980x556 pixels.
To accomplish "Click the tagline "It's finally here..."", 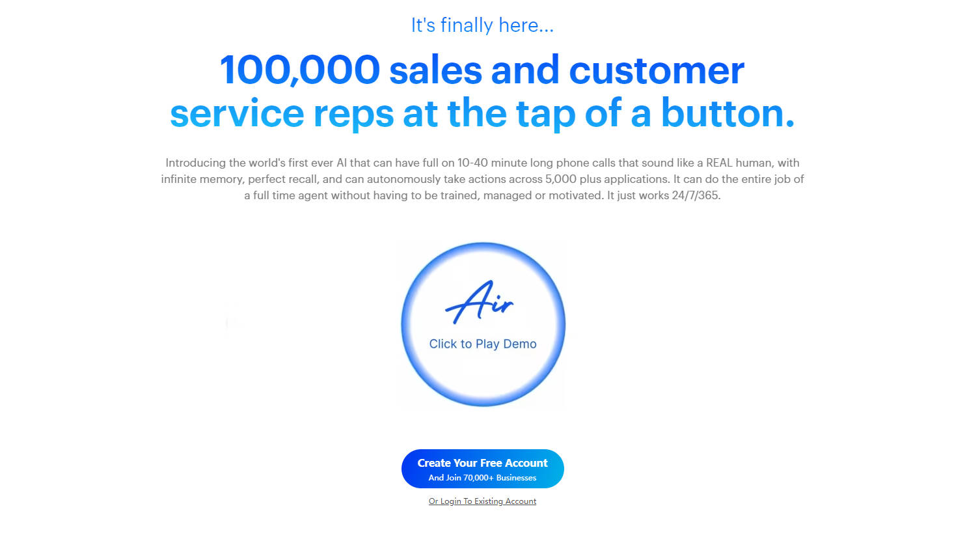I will click(x=482, y=25).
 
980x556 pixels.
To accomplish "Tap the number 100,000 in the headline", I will click(x=300, y=70).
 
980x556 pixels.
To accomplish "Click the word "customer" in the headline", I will click(x=657, y=70).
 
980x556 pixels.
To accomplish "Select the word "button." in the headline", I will click(x=728, y=113).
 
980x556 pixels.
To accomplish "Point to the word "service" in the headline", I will click(x=237, y=113).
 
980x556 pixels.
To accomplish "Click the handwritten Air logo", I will click(x=480, y=302).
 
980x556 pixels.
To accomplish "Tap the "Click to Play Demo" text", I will click(x=483, y=344).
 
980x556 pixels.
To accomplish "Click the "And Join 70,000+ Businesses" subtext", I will click(x=482, y=478).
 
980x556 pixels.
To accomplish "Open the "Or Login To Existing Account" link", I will click(x=482, y=501).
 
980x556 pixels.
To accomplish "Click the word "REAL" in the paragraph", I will click(x=720, y=163).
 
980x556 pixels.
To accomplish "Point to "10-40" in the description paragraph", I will click(x=472, y=163).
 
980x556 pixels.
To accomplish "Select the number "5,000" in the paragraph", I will click(x=561, y=179).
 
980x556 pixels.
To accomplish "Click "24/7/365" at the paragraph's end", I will click(x=696, y=195).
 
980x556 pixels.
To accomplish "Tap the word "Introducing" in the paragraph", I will click(x=195, y=163).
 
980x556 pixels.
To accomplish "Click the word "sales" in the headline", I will click(x=435, y=70).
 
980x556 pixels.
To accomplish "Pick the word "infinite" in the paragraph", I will click(x=182, y=179).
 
